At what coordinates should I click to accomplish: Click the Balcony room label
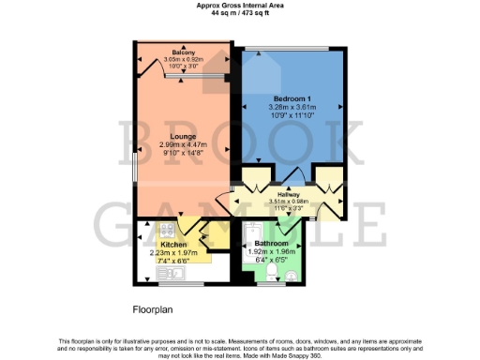[183, 52]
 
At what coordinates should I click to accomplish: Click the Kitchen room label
[172, 243]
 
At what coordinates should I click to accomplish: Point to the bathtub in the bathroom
[250, 245]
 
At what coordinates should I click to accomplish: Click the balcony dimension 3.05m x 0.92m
[183, 60]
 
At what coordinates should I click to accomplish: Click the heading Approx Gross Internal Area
[239, 5]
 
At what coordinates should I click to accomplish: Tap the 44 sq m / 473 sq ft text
[239, 13]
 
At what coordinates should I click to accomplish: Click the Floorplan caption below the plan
[150, 307]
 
